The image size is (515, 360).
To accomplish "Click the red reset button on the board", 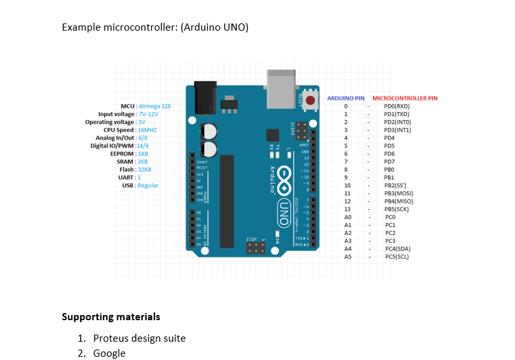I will coord(310,100).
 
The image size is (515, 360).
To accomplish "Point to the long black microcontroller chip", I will coord(227,202).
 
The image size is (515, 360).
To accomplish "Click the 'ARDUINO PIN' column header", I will coord(346,98).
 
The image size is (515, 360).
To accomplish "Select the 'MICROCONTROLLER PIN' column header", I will coord(405,98).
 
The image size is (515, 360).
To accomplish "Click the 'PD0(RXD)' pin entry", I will coord(396,106).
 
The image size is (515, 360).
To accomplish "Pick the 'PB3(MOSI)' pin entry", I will coord(398,193).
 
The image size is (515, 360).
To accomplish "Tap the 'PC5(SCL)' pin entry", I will coord(397,256).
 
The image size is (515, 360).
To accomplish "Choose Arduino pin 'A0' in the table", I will coord(347,217).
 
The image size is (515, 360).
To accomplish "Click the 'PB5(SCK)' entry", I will coord(396,209).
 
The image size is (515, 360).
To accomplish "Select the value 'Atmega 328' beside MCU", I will coord(154,106).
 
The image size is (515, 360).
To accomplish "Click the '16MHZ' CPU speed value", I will coord(147,130).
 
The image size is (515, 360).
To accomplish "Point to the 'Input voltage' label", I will coord(117,113).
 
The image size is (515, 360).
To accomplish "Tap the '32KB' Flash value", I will coord(144,170).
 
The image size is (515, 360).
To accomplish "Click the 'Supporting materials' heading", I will coord(111,317).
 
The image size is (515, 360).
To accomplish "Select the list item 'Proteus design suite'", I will coord(139,338).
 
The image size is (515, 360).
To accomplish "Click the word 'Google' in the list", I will coord(109,353).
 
